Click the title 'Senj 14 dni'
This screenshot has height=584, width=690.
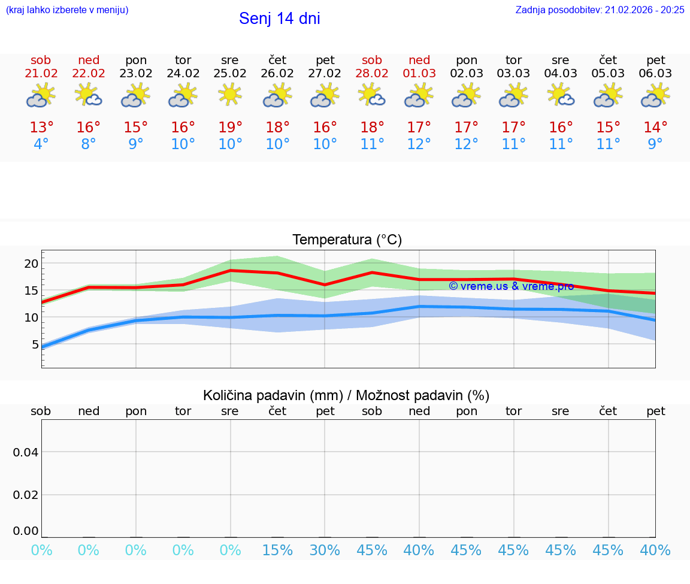(279, 19)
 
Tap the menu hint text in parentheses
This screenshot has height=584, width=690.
(67, 10)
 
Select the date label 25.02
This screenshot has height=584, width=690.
(230, 74)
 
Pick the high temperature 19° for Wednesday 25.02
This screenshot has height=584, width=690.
(230, 127)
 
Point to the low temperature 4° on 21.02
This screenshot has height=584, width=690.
(41, 144)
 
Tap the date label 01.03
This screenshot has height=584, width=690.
(419, 74)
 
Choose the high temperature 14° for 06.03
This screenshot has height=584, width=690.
(655, 127)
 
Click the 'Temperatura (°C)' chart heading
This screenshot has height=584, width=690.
(347, 240)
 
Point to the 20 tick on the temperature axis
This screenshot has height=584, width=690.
(31, 264)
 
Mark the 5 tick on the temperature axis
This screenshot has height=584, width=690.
(35, 344)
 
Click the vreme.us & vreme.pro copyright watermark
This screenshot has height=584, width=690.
(511, 286)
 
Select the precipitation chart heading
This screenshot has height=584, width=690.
(346, 395)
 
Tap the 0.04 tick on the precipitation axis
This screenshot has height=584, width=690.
(26, 452)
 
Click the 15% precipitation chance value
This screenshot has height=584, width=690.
(277, 550)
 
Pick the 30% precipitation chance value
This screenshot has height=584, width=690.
(325, 550)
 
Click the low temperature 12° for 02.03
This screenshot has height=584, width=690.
(467, 144)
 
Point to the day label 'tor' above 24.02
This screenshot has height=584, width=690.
(183, 60)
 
